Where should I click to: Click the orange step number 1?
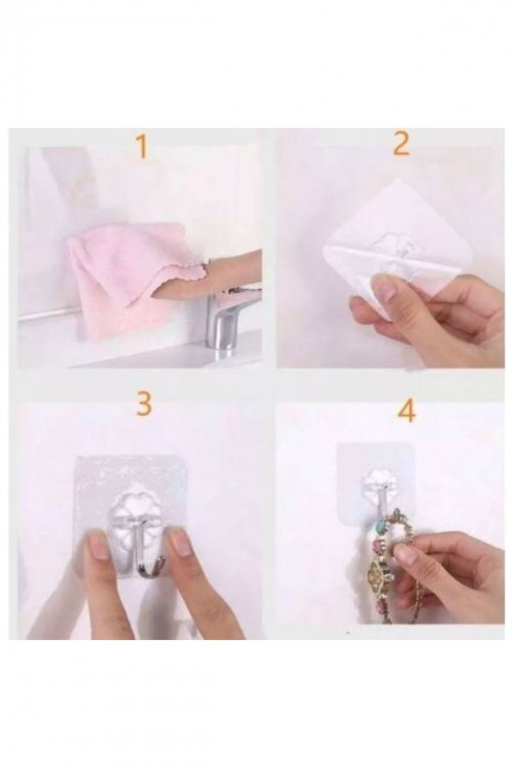142,146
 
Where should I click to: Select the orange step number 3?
144,404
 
